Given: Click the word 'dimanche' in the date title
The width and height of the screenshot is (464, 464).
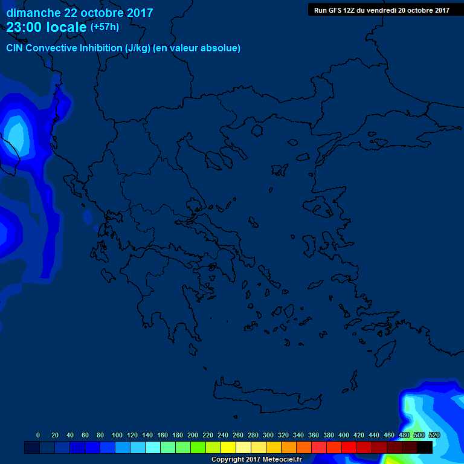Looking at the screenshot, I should [30, 13].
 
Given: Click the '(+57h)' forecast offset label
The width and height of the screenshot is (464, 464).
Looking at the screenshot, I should [105, 27].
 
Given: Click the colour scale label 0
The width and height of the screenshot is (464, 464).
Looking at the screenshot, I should [38, 435].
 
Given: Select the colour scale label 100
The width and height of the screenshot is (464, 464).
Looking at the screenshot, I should [117, 435].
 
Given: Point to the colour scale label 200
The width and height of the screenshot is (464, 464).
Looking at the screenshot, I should [193, 435].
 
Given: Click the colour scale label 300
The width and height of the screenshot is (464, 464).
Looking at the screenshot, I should [268, 435].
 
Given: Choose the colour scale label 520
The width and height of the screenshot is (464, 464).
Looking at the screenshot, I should [434, 435].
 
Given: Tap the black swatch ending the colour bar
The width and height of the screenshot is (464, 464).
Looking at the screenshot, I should [425, 447].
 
